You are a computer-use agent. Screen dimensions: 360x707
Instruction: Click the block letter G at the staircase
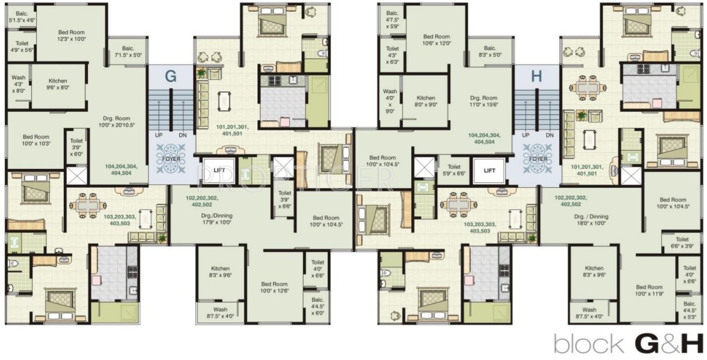tap(170, 76)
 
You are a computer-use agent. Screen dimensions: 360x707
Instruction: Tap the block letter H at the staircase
tap(536, 76)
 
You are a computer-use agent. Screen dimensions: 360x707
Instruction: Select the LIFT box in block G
tap(219, 169)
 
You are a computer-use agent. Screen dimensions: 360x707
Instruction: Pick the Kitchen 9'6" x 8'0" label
tap(58, 83)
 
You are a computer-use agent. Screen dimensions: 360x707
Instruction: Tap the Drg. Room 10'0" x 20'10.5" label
tap(119, 121)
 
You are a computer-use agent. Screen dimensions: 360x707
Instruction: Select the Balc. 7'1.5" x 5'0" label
tap(128, 51)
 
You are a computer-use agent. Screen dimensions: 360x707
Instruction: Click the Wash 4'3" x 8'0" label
tap(18, 84)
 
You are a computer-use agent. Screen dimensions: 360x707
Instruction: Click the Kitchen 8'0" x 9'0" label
tap(425, 101)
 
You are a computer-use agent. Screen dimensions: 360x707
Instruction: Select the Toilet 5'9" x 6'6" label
tap(454, 171)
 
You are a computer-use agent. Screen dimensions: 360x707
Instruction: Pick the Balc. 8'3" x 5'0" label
tap(490, 51)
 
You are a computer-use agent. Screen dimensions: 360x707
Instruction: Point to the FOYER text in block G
tap(170, 159)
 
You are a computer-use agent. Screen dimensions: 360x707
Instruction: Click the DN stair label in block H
tap(549, 135)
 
